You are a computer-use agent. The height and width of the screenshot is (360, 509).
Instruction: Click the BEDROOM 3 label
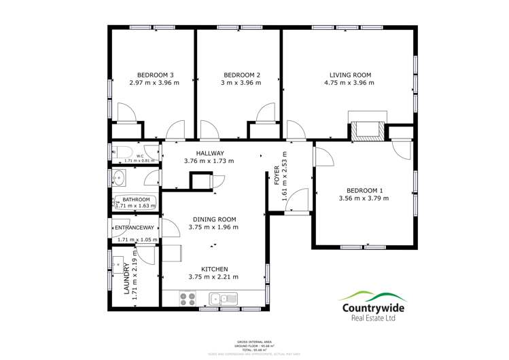pos(156,75)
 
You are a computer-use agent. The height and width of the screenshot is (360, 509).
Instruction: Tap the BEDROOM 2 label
pos(242,75)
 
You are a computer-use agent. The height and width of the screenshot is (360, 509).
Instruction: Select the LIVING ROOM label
pos(349,75)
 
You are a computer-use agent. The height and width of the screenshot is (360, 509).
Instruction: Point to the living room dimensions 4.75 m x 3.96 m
pos(349,83)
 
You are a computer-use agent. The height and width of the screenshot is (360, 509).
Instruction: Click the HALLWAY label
pos(209,153)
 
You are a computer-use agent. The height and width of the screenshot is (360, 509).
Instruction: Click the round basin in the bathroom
pos(118,179)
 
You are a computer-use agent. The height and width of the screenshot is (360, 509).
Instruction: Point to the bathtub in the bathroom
pos(135,202)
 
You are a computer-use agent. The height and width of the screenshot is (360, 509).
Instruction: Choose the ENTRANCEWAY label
pos(135,228)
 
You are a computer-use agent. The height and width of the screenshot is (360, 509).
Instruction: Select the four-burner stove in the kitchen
pos(187,298)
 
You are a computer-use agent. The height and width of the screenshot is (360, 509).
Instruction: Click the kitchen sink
pos(222,298)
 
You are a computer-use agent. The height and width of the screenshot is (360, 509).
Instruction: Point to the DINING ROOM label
pos(213,219)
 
